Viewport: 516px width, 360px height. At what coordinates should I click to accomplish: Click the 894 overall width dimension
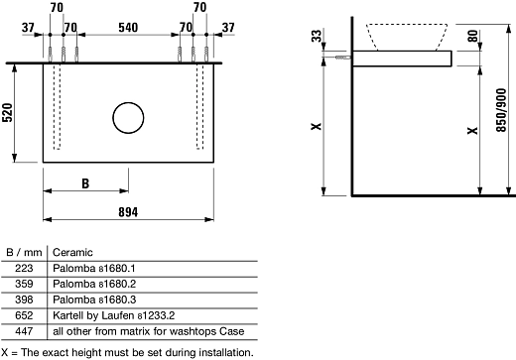(x=128, y=210)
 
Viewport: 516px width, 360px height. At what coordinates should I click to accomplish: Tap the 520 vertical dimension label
(x=8, y=114)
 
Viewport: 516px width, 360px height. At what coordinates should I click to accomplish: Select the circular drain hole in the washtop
(x=128, y=117)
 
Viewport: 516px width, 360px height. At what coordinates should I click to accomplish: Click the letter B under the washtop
(x=85, y=183)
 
